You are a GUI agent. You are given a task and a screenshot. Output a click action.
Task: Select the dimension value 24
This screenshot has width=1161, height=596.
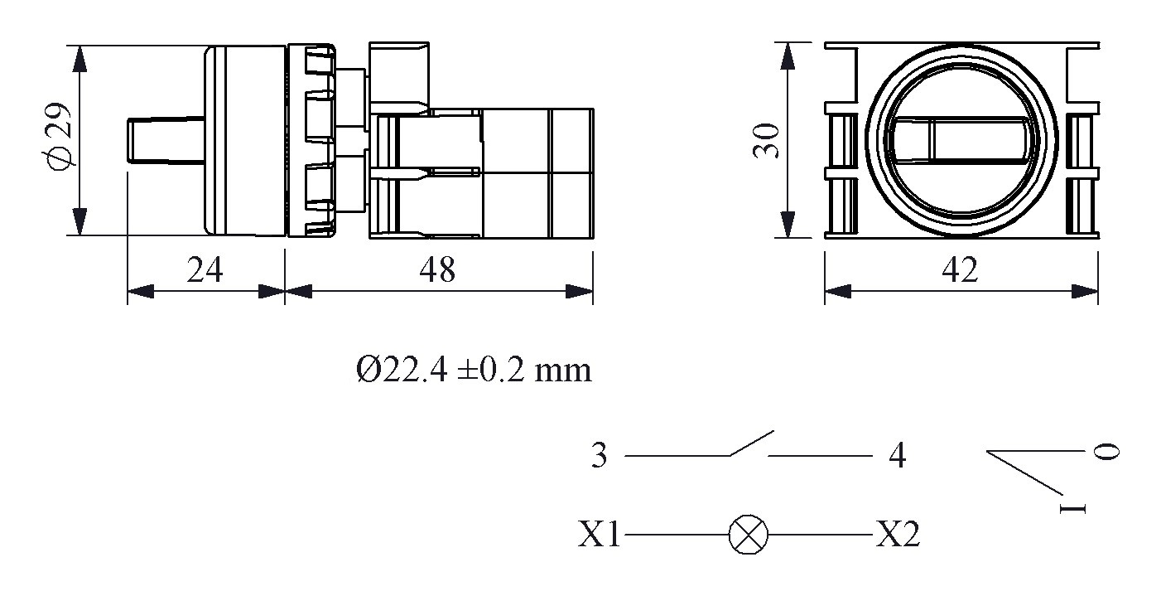tap(205, 270)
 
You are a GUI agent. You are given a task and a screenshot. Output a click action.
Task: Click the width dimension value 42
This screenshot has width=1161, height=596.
tap(961, 270)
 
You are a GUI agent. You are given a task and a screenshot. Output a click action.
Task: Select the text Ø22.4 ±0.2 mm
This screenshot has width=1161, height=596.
tap(474, 370)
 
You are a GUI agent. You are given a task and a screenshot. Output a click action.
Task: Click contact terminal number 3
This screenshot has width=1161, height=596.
tap(600, 456)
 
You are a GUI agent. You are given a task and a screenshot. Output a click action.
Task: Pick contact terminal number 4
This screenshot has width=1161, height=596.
tap(896, 456)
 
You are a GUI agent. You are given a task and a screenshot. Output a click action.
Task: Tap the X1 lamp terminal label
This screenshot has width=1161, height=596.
tap(600, 535)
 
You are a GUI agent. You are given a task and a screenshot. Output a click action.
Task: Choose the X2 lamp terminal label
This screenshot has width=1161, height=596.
tap(898, 535)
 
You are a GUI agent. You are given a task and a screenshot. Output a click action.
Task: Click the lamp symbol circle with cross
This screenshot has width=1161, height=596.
tap(748, 535)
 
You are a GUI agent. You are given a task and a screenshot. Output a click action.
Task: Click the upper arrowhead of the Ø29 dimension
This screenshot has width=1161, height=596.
tap(79, 60)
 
